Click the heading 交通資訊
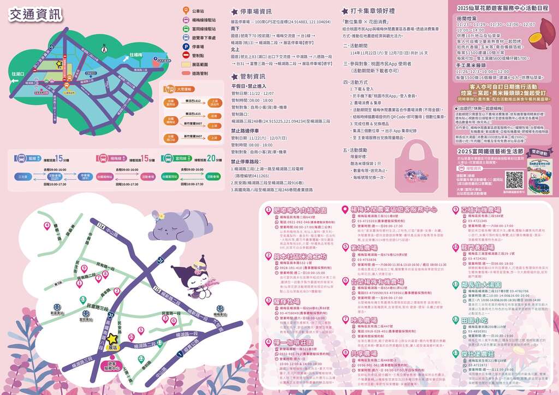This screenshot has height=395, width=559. (x=35, y=15)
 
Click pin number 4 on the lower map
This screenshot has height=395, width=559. (x=47, y=225)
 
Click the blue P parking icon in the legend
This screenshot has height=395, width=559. (x=186, y=47)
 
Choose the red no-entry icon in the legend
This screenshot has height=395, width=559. (x=186, y=56)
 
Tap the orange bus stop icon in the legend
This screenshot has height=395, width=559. (x=186, y=11)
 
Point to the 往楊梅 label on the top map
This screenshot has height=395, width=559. (x=137, y=55)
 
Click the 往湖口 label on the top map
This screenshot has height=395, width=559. (x=18, y=73)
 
